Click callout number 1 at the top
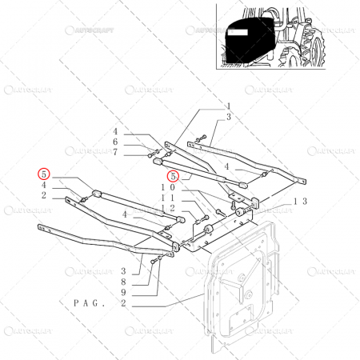point(227,106)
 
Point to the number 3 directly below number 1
point(227,117)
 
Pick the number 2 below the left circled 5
point(45,195)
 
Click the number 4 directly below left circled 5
point(45,185)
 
